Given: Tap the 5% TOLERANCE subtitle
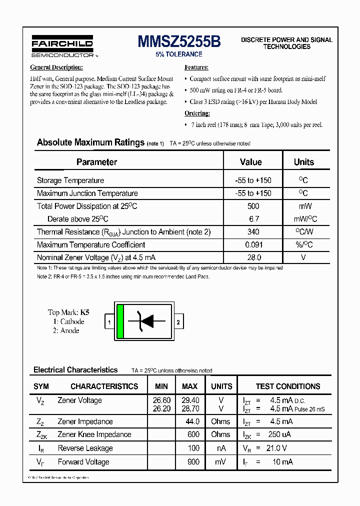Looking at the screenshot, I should [179, 54].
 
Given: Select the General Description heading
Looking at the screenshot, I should [56, 67].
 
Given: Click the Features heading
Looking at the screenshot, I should [196, 67].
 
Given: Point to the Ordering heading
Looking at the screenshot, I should [197, 113].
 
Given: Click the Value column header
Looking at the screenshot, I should [250, 162].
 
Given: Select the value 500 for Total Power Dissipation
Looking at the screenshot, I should [253, 206].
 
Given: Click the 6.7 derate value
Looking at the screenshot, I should [253, 219].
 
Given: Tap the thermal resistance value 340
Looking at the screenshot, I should [253, 232].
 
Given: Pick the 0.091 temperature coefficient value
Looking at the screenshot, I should [253, 245].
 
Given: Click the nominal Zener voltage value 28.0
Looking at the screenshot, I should [253, 257].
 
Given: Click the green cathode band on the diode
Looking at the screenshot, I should [120, 321].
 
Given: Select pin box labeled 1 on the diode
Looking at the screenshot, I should [109, 322].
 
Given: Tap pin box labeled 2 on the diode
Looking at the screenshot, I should [178, 322].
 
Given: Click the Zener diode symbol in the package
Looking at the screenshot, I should [147, 321].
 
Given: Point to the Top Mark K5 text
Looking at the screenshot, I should [68, 312].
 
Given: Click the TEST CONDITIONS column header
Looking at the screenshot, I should [288, 386].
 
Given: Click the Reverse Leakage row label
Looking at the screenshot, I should [85, 448].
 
